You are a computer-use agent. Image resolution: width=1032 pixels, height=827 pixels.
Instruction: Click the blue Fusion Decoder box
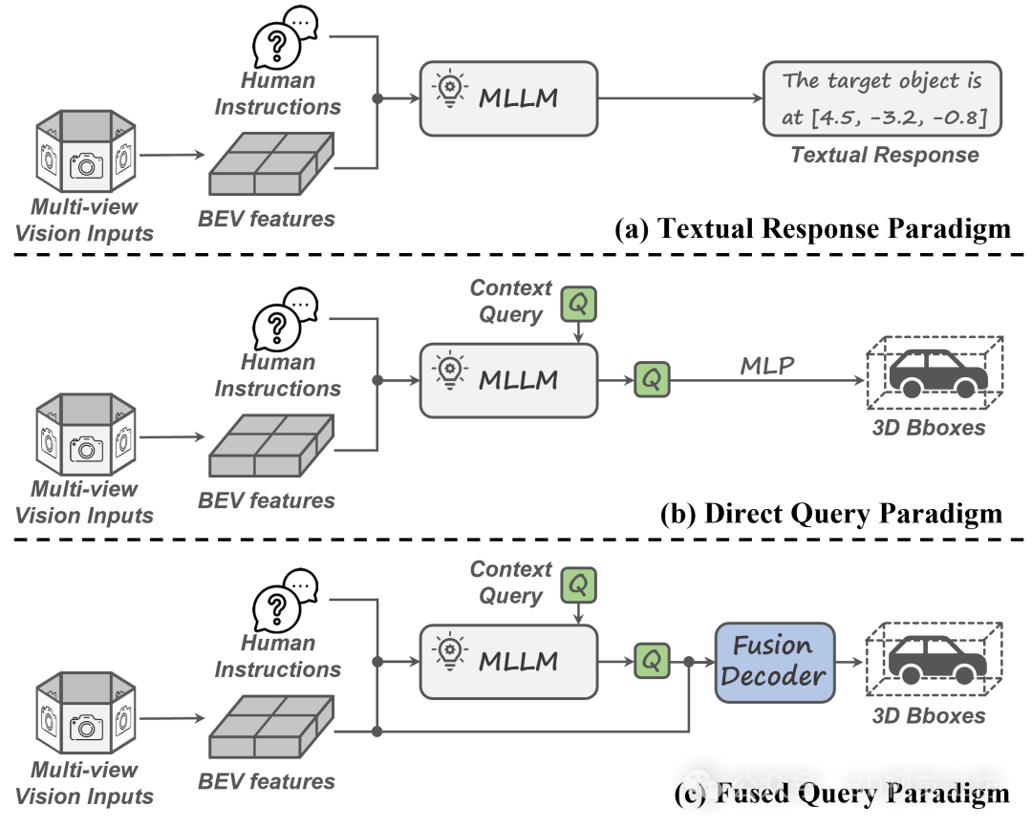point(774,662)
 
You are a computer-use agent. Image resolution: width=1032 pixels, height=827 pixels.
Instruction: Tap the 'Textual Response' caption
point(884,155)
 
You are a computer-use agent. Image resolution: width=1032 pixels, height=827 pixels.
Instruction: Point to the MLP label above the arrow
point(767,366)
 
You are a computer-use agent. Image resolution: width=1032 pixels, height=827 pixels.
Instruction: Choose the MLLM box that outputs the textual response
point(508,98)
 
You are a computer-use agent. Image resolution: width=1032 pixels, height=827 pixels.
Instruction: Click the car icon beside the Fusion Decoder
point(936,658)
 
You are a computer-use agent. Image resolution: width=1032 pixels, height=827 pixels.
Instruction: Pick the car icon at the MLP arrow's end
point(936,375)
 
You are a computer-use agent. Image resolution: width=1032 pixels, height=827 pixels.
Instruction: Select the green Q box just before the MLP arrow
point(652,379)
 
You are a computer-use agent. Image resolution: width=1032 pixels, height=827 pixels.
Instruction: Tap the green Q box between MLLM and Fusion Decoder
point(652,661)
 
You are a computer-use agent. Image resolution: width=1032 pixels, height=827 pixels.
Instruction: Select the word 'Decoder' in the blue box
point(773,676)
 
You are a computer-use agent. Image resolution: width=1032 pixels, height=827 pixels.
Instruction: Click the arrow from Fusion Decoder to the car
point(849,662)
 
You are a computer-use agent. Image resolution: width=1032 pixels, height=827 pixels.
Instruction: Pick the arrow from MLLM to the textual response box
point(679,98)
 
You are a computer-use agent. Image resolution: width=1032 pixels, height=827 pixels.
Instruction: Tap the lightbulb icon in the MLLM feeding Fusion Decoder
point(448,653)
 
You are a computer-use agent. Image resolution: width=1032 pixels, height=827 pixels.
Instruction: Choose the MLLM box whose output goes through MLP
point(508,380)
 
